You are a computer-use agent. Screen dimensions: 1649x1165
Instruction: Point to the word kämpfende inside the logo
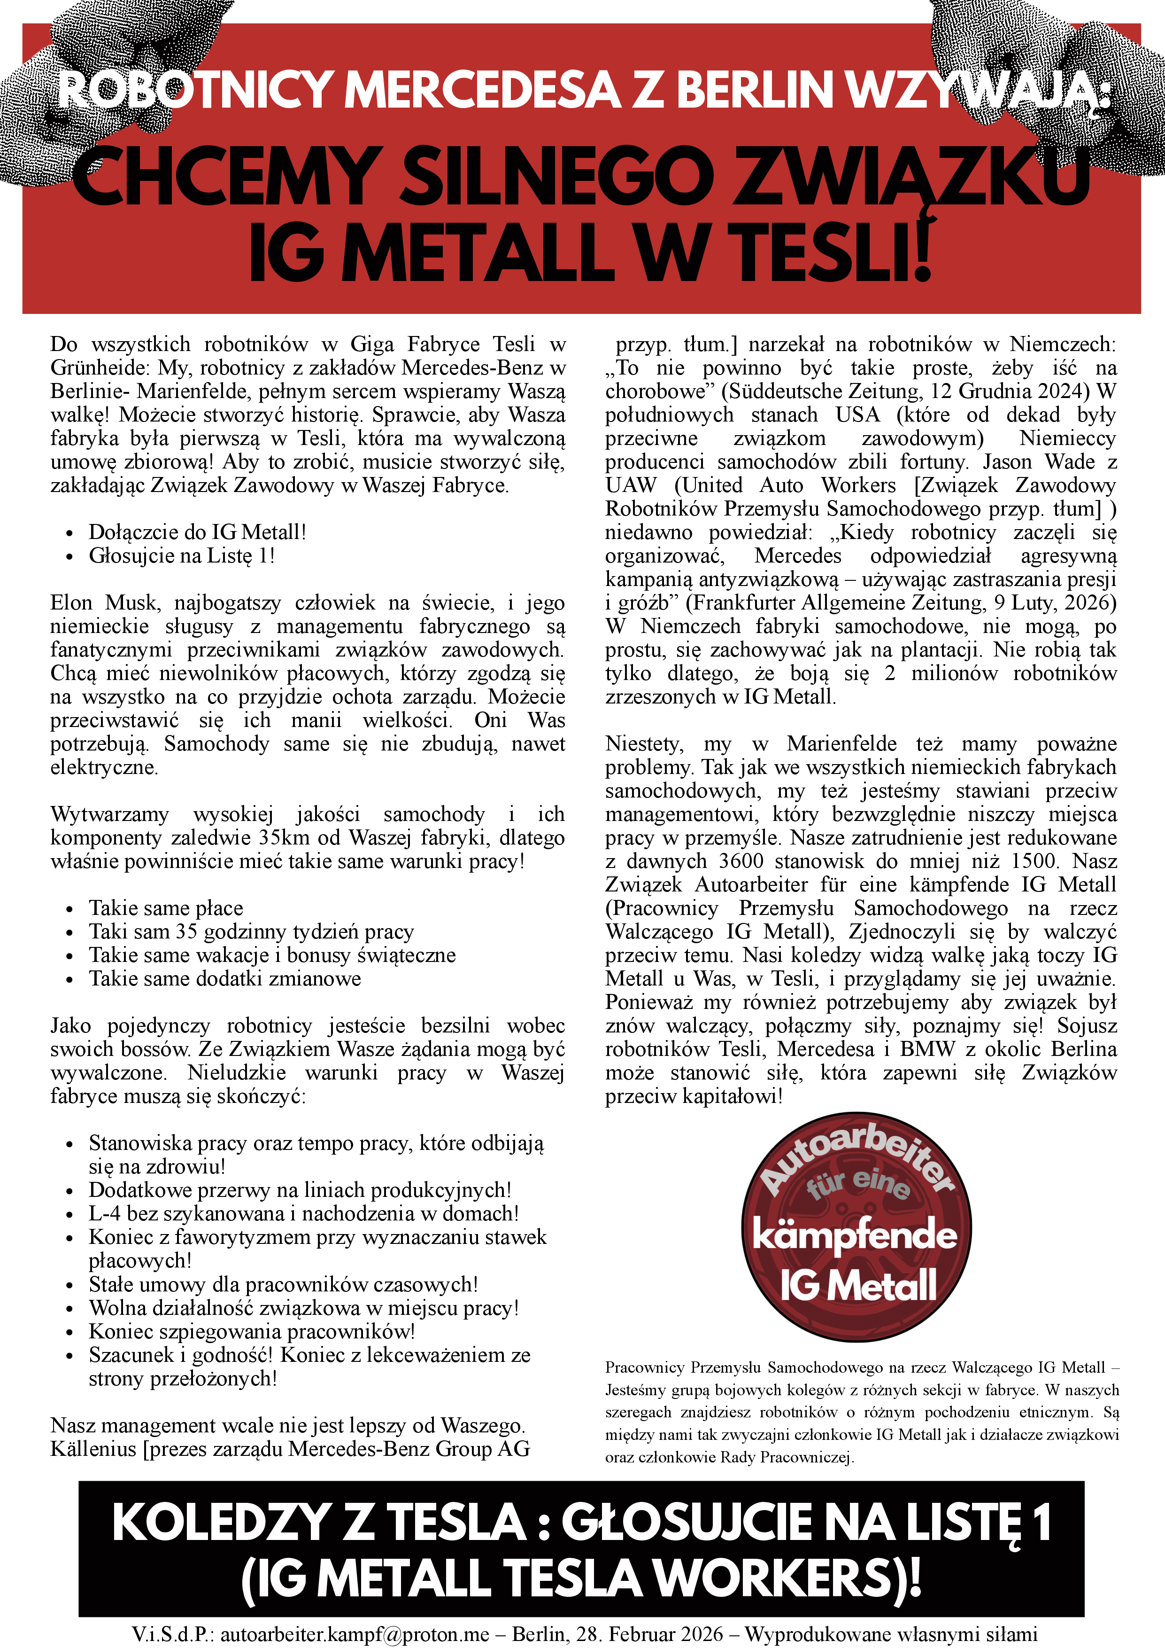click(x=854, y=1236)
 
